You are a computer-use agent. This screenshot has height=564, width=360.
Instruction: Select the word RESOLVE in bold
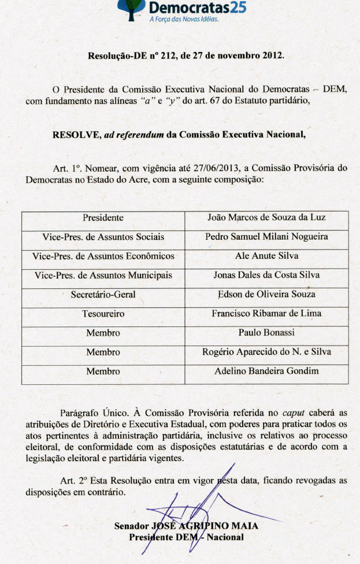pyautogui.click(x=76, y=135)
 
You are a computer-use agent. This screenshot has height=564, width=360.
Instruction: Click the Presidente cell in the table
pyautogui.click(x=103, y=218)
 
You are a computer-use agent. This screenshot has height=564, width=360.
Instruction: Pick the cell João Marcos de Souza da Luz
pyautogui.click(x=266, y=218)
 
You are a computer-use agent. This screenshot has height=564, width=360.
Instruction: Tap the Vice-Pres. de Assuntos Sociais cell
pyautogui.click(x=103, y=237)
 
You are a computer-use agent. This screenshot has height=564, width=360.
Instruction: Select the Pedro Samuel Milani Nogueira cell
pyautogui.click(x=266, y=237)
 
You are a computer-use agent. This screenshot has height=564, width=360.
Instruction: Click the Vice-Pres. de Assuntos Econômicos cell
pyautogui.click(x=103, y=256)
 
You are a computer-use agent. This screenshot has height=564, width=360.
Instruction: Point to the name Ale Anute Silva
pyautogui.click(x=266, y=256)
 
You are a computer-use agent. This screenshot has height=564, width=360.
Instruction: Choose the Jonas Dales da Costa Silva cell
pyautogui.click(x=266, y=275)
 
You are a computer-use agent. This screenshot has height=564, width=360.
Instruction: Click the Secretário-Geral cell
pyautogui.click(x=103, y=294)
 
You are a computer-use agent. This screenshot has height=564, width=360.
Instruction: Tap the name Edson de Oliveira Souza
pyautogui.click(x=266, y=294)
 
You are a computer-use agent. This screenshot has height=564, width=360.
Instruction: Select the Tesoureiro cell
pyautogui.click(x=103, y=314)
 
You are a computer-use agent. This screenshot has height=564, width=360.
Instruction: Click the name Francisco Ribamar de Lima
pyautogui.click(x=266, y=314)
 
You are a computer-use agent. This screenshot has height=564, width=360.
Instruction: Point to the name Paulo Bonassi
pyautogui.click(x=266, y=333)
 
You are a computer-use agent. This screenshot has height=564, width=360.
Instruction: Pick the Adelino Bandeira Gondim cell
pyautogui.click(x=266, y=371)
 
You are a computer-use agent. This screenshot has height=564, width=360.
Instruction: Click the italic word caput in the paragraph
pyautogui.click(x=295, y=413)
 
